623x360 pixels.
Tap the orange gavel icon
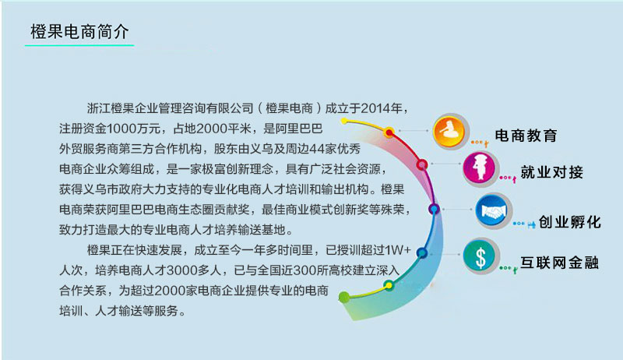[448, 129]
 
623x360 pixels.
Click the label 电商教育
[526, 135]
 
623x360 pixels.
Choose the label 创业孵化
[570, 222]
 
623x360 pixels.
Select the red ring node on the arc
[422, 165]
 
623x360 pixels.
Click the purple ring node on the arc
[434, 208]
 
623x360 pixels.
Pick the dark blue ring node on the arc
[421, 252]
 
